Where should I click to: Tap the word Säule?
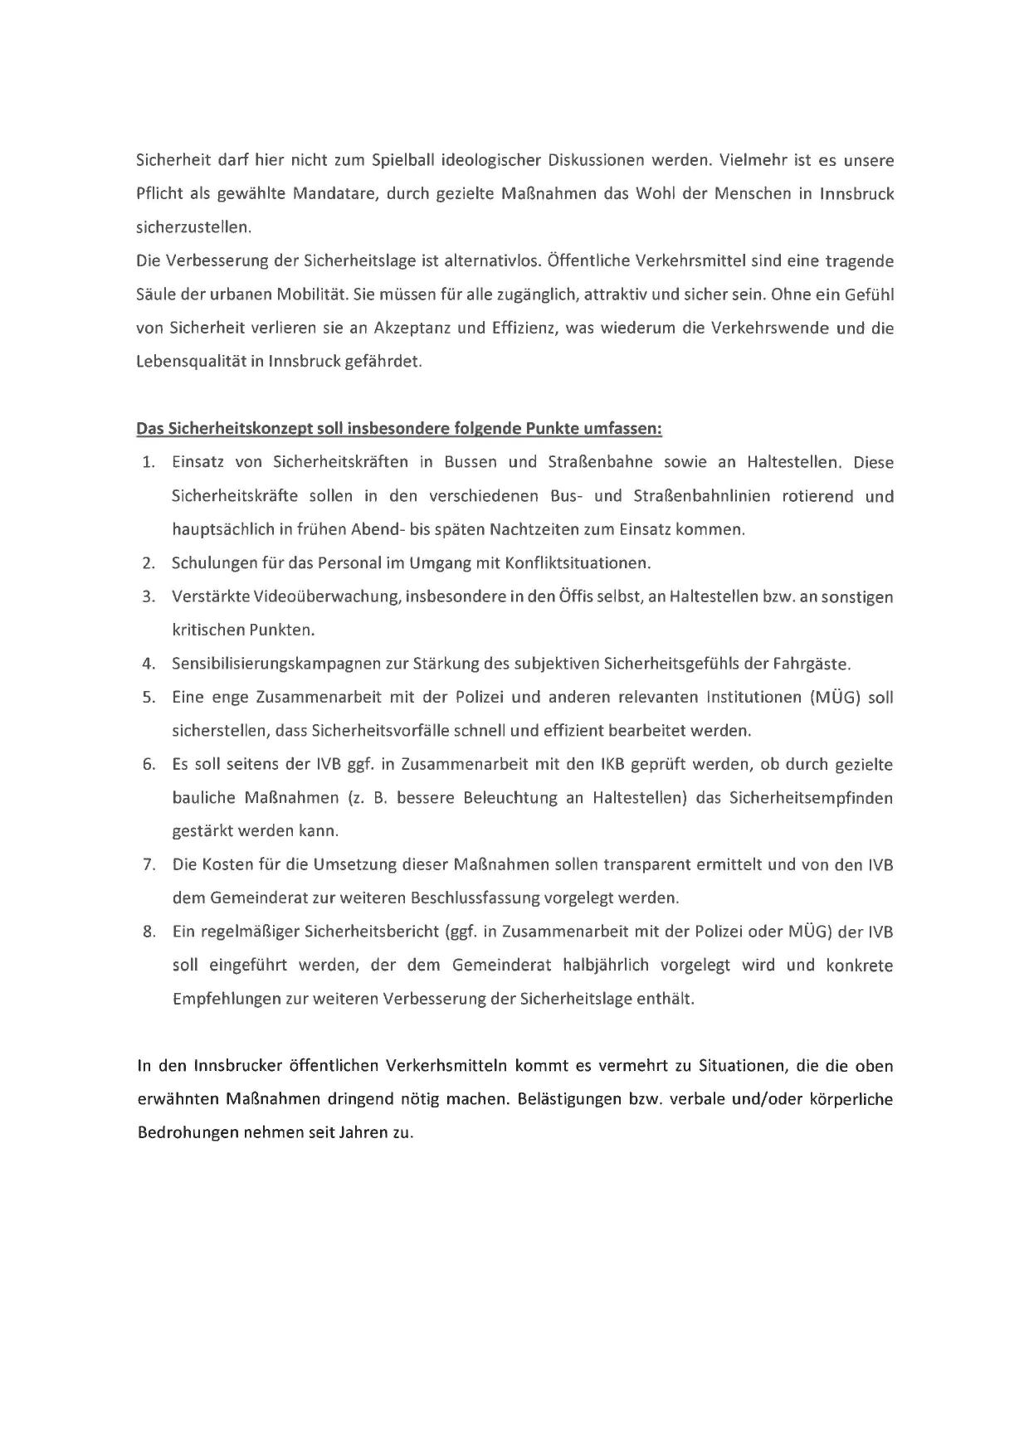(x=156, y=294)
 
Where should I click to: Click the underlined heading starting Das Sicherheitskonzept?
(x=399, y=429)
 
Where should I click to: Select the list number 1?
(x=149, y=463)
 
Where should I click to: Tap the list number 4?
(x=149, y=664)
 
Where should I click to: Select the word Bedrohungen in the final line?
(x=188, y=1133)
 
